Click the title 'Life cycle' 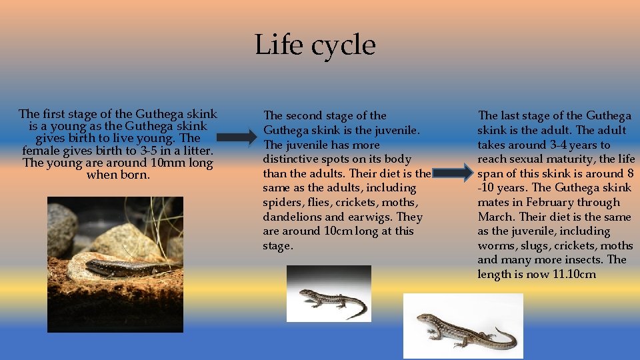click(x=315, y=45)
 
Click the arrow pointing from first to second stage click(x=236, y=138)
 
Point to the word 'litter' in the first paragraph click(x=192, y=151)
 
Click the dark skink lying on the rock click(x=127, y=267)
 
